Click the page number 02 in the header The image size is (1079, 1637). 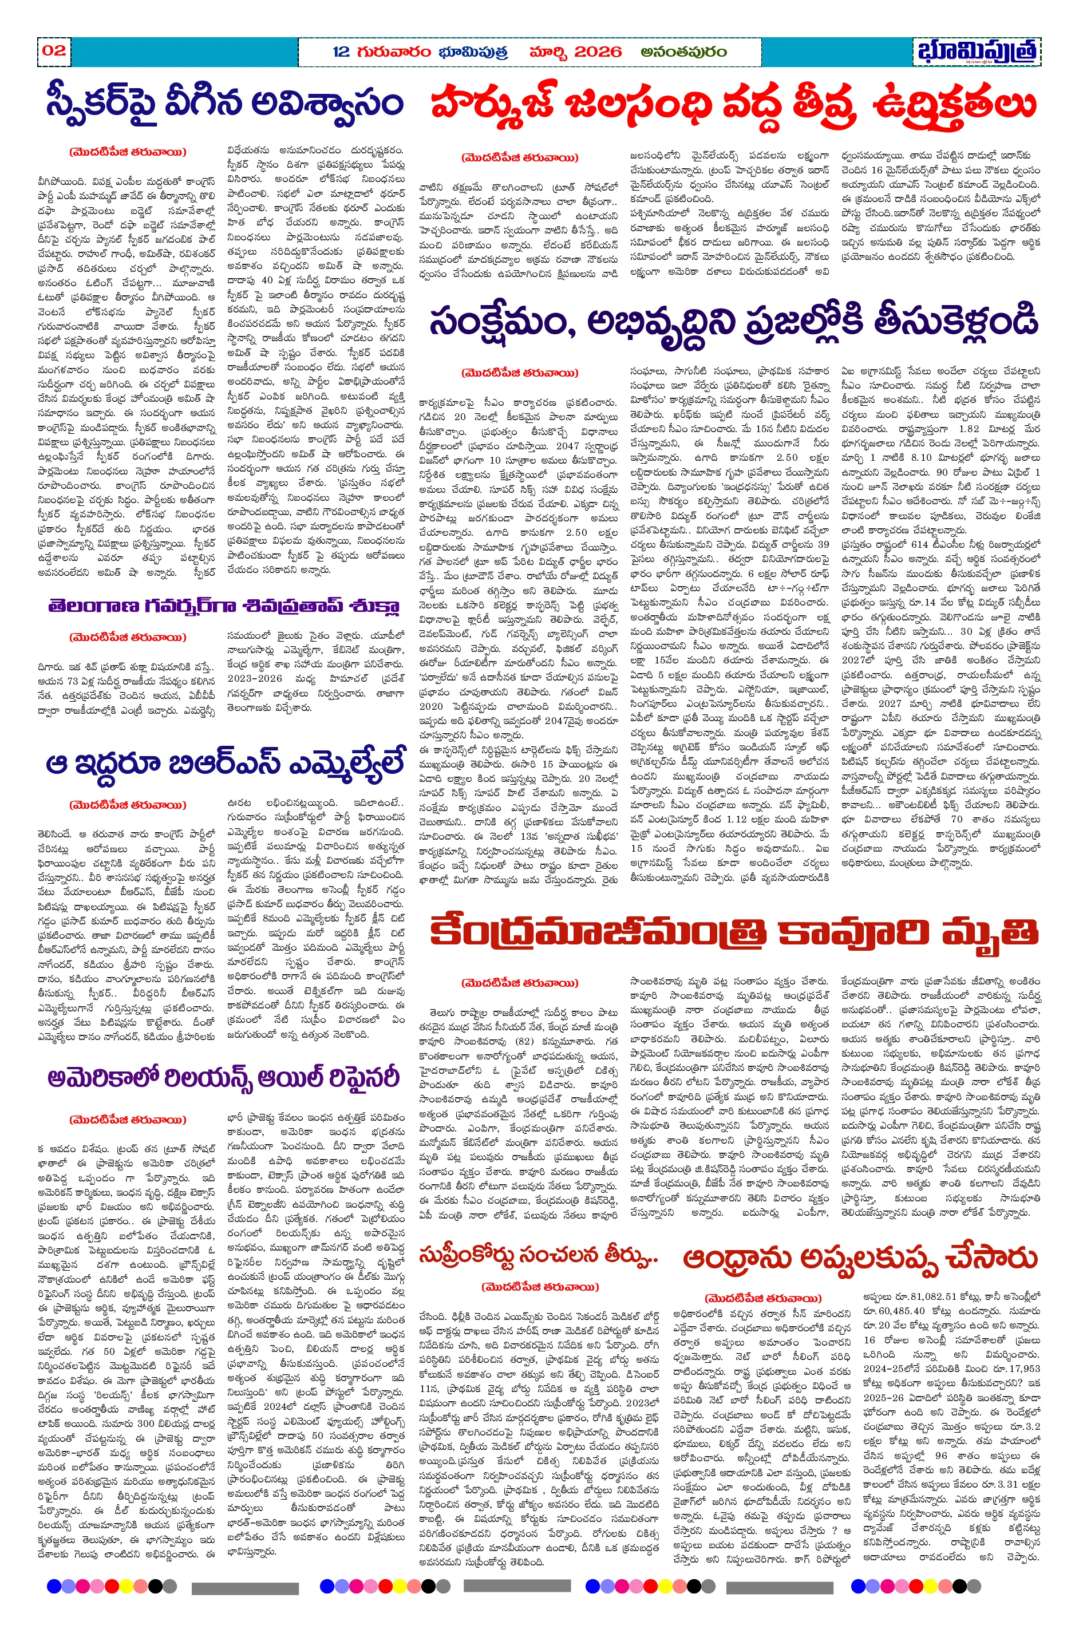(54, 50)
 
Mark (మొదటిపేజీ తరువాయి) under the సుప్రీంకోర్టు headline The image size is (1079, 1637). (539, 1286)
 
